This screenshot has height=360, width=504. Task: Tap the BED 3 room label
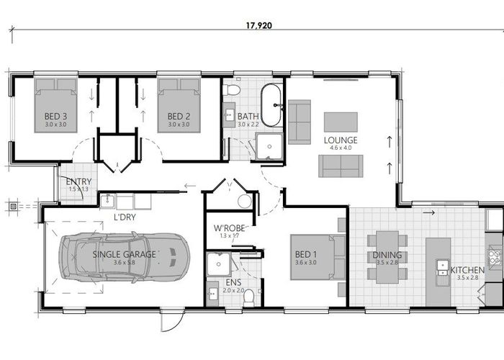[x=55, y=117]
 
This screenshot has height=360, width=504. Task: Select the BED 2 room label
[x=179, y=117]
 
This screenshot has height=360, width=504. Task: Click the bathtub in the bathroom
[x=271, y=105]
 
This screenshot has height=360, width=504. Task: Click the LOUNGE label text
[x=341, y=140]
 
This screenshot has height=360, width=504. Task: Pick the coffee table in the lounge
[x=341, y=121]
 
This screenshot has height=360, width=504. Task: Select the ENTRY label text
[x=78, y=181]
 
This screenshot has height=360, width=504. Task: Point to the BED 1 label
[x=305, y=255]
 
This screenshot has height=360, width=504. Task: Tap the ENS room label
[x=233, y=284]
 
